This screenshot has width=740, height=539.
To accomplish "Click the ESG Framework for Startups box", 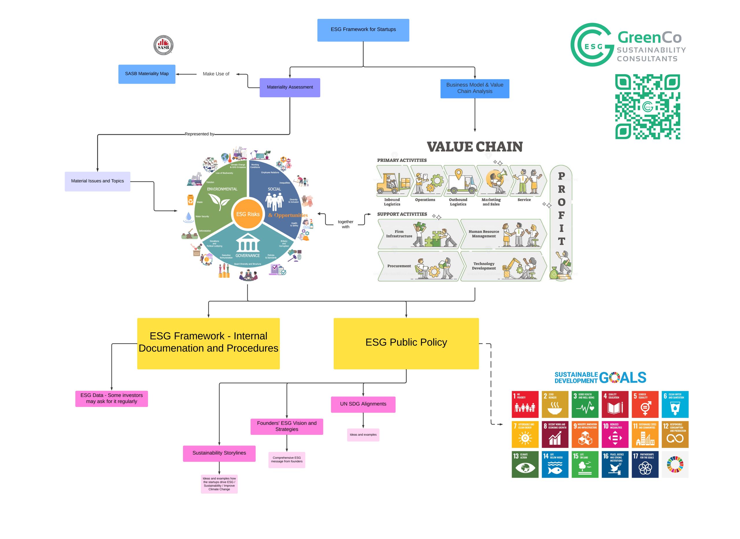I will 363,30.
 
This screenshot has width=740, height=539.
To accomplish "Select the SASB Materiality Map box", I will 147,74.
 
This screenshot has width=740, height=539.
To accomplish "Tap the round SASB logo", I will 164,45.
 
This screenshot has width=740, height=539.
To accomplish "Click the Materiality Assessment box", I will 290,87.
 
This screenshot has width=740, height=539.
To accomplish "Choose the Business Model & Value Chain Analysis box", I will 475,89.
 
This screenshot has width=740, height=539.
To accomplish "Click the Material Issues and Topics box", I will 97,181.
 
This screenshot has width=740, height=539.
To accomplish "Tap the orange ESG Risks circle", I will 248,214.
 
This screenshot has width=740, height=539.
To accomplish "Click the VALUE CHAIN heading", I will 475,147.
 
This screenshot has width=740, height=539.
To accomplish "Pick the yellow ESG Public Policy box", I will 406,343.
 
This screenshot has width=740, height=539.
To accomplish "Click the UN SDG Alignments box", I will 363,404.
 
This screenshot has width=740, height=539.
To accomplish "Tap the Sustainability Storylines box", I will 219,453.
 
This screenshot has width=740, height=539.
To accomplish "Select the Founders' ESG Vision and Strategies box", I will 287,426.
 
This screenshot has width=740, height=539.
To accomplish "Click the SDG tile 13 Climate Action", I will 525,465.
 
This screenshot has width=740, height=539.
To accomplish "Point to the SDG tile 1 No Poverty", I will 525,404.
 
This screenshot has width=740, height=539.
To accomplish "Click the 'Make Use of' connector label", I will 216,74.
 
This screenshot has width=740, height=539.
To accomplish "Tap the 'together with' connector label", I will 345,224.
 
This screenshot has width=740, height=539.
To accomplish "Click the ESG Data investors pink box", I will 112,399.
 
